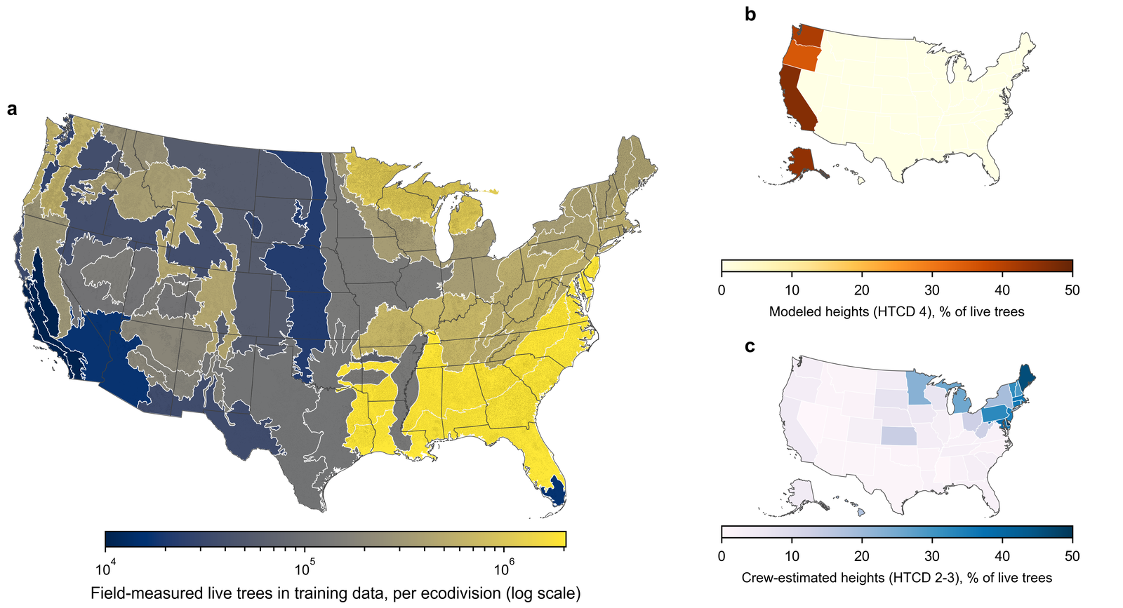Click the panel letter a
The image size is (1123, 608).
12,109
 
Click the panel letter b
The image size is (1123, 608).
750,15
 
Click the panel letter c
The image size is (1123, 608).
750,346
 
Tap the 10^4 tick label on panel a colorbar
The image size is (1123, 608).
105,569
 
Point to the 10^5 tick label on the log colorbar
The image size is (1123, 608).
304,569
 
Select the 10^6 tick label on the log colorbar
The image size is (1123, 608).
503,569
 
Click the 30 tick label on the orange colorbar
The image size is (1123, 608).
932,290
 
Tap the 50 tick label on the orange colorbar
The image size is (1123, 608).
1072,290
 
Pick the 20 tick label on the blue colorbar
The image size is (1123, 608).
862,556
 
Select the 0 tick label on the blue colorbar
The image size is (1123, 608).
722,556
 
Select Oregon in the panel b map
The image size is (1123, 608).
802,58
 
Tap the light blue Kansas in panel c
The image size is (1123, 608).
899,435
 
